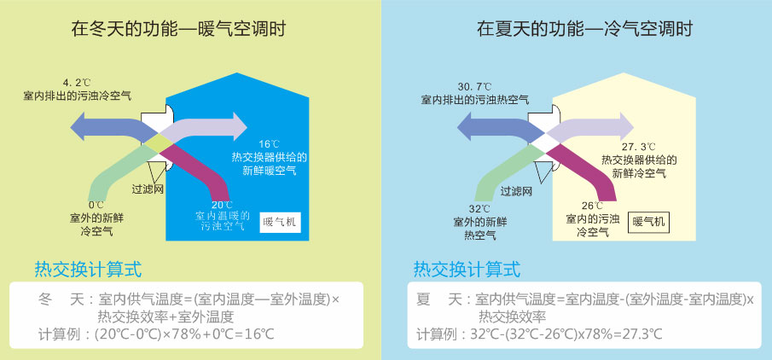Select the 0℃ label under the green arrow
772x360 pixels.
click(x=95, y=206)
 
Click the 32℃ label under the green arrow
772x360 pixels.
click(x=480, y=209)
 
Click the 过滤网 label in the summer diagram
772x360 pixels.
click(x=517, y=191)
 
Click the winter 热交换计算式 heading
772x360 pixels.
click(x=88, y=270)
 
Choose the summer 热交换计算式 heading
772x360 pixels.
click(x=467, y=270)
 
